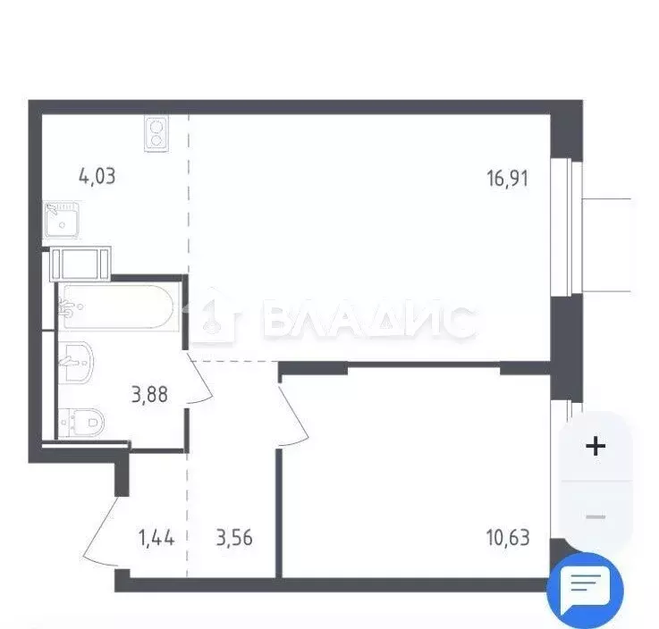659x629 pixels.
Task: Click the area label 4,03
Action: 97,175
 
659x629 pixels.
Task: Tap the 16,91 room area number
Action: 508,178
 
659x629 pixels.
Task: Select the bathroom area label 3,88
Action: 150,393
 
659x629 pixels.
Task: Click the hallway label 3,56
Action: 234,538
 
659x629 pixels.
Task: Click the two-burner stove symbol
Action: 156,133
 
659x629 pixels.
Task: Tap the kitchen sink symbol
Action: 61,218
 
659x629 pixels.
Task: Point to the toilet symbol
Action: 81,420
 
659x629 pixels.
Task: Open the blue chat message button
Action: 586,589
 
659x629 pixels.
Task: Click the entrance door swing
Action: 100,531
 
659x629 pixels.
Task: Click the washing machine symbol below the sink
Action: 81,264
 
